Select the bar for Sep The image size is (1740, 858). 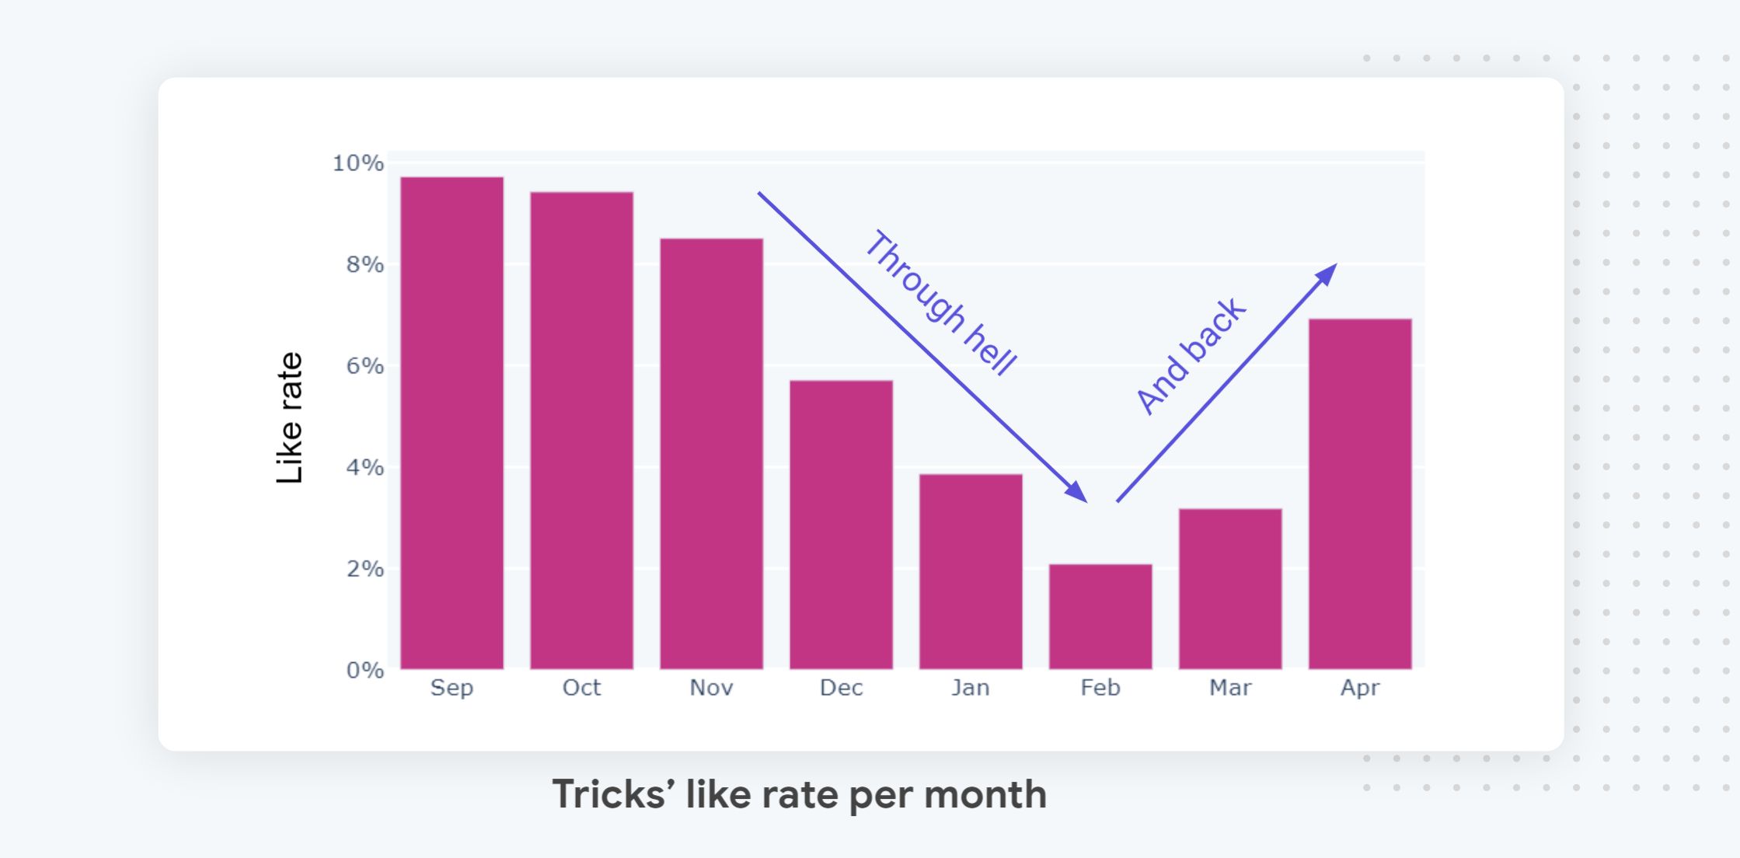click(x=452, y=424)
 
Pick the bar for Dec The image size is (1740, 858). click(x=841, y=525)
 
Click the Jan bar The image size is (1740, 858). click(x=971, y=571)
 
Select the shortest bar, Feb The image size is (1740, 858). click(x=1100, y=616)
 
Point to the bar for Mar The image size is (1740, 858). click(x=1230, y=588)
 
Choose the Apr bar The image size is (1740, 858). click(x=1360, y=494)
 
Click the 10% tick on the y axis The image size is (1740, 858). click(x=357, y=163)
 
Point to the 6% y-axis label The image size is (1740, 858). click(x=364, y=366)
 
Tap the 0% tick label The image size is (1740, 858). click(x=364, y=670)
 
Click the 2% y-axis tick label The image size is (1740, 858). click(x=364, y=569)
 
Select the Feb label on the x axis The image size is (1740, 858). click(x=1100, y=688)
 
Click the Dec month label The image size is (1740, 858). click(x=841, y=688)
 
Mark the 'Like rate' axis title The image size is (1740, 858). click(x=289, y=418)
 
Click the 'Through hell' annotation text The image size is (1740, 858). click(x=940, y=303)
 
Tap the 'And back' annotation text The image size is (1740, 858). click(x=1191, y=356)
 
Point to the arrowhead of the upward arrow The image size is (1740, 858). click(x=1327, y=274)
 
